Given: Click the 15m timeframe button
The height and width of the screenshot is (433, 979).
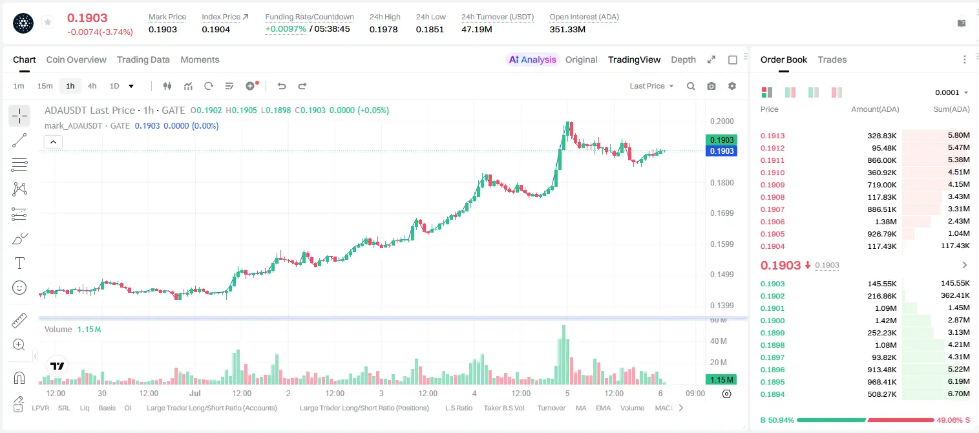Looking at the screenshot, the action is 45,86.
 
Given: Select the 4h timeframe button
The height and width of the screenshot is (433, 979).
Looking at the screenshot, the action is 92,86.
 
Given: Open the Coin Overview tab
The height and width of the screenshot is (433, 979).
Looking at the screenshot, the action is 76,59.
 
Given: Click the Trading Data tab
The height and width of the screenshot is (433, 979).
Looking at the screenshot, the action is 143,59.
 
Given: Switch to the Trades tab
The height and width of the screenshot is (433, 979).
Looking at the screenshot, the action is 832,59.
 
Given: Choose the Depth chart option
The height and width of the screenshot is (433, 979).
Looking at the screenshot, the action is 683,59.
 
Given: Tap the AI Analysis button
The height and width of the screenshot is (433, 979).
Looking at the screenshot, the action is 532,59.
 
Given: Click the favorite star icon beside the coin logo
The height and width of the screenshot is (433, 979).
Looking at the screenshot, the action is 48,22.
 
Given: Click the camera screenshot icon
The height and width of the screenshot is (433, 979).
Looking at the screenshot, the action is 711,86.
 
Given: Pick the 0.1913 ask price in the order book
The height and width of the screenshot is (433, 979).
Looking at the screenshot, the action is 772,136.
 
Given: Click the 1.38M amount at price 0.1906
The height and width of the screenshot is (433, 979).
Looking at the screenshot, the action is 885,222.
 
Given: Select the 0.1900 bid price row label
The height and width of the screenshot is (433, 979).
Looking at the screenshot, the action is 772,321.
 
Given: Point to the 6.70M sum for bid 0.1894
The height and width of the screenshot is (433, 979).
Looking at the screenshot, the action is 958,394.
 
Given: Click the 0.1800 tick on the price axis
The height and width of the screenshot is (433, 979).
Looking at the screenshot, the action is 722,183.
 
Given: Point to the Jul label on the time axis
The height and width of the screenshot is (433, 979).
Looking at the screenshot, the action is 195,393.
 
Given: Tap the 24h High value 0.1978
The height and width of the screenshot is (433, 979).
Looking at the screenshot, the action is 383,29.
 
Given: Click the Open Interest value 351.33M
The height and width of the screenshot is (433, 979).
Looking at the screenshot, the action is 567,29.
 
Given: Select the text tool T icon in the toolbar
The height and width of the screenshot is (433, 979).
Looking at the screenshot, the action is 19,263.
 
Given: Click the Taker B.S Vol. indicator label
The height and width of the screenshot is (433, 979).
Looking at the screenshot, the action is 504,408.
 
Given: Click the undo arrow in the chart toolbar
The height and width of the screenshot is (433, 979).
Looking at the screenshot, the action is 282,86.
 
